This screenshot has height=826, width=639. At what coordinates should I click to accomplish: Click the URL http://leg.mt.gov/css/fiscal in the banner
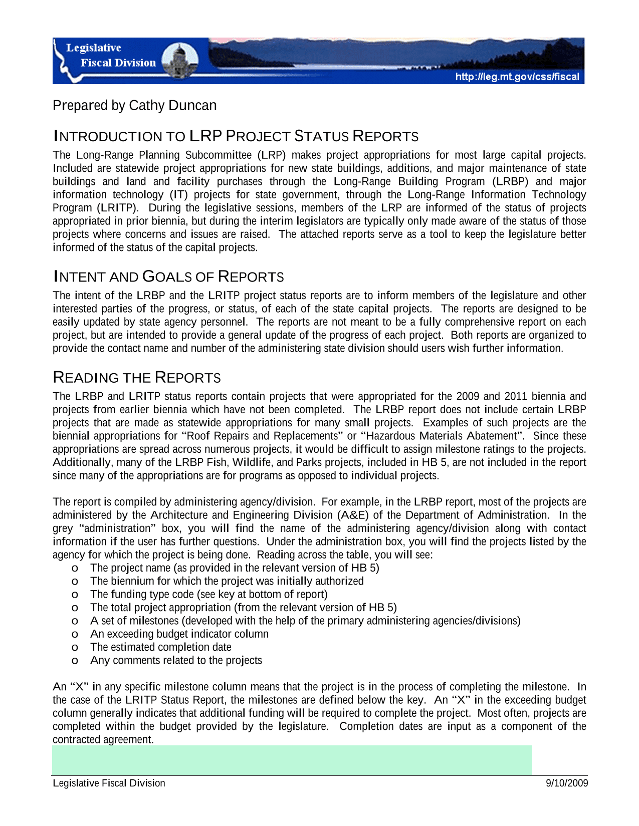pos(517,77)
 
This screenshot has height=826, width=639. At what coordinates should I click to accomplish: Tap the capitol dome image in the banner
pos(181,60)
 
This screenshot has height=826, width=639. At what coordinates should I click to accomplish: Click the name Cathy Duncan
pos(173,106)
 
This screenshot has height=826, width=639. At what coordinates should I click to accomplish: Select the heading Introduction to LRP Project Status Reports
pos(236,136)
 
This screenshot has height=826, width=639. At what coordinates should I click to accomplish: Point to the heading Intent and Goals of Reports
pos(168,277)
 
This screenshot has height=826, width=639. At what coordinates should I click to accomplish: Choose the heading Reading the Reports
pos(137,378)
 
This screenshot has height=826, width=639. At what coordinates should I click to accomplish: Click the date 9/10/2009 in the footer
pos(567,783)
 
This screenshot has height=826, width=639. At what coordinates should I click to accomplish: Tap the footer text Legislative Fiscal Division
pos(109,783)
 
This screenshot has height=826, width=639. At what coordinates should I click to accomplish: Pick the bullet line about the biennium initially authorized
pos(227,581)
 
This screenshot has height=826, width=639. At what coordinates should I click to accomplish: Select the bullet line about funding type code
pos(208,594)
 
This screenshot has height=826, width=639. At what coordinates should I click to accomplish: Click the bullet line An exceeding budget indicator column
pos(179,634)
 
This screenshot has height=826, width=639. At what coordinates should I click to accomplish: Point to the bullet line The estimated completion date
pos(160,647)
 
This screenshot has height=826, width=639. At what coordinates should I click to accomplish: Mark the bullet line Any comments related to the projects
pos(176,660)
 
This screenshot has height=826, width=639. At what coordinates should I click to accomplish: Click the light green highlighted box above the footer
pos(292,760)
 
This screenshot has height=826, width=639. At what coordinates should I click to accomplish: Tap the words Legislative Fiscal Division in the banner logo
pos(111,55)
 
